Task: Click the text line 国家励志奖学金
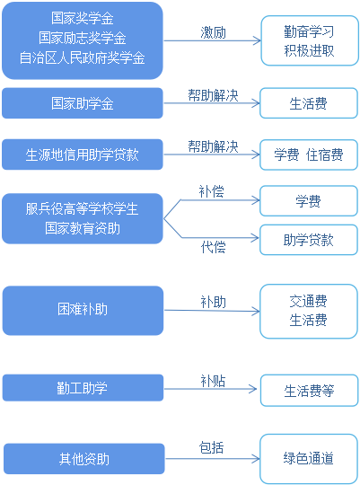[83, 38]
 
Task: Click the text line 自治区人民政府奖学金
[83, 57]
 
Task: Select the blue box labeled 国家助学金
[83, 103]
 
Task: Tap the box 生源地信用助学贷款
[83, 154]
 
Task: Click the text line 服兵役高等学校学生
[82, 208]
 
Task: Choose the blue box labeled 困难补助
[83, 310]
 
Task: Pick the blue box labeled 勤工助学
[83, 388]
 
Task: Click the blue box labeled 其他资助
[84, 459]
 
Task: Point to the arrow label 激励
[213, 32]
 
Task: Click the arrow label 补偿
[212, 191]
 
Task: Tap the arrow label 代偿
[213, 247]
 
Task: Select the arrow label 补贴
[213, 381]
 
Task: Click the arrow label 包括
[211, 447]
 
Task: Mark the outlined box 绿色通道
[309, 458]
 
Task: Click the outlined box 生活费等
[310, 391]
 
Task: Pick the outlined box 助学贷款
[309, 240]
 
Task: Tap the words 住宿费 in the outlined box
[325, 154]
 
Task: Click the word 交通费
[308, 301]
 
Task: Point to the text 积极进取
[309, 50]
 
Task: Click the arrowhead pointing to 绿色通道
[256, 459]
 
